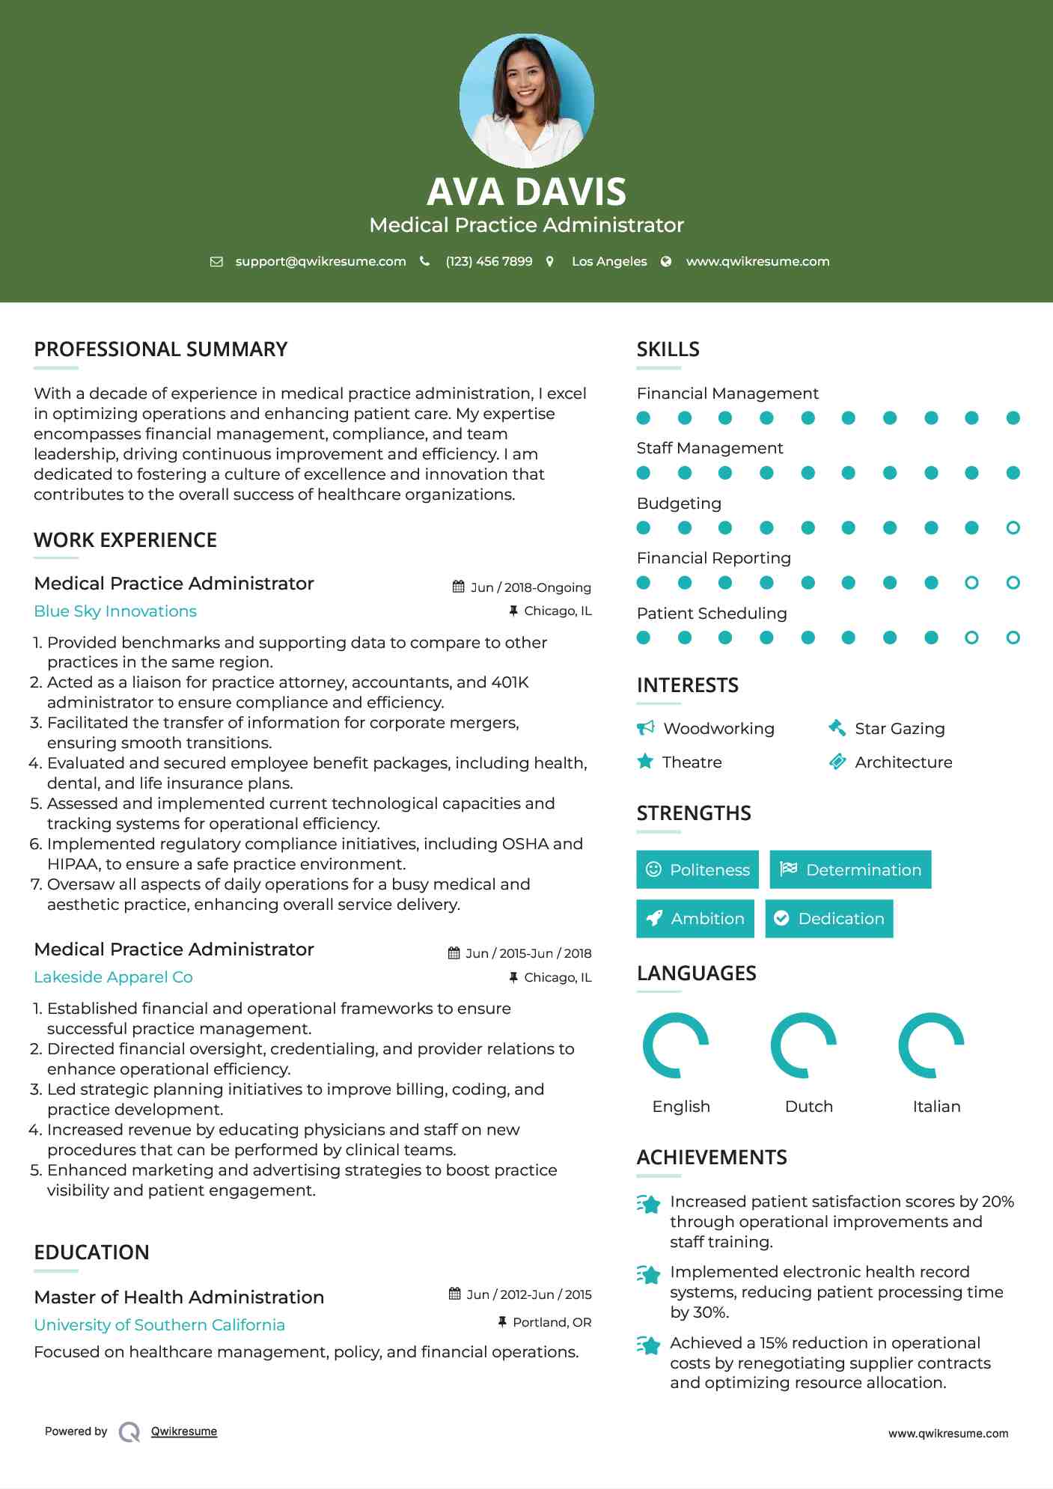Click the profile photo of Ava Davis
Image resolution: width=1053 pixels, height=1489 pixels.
click(x=526, y=100)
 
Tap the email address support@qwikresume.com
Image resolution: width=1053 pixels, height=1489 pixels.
click(x=320, y=261)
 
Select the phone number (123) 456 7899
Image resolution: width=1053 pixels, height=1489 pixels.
click(x=489, y=261)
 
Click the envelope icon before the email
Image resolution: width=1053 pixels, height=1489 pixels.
click(x=216, y=261)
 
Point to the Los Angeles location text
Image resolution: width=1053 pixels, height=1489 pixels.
click(x=608, y=261)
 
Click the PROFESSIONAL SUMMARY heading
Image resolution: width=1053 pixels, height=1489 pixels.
click(x=160, y=349)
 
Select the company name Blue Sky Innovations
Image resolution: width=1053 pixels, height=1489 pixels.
click(x=115, y=611)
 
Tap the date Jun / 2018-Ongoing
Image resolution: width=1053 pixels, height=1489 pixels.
click(x=530, y=587)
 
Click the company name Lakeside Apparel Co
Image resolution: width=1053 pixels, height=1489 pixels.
click(x=113, y=977)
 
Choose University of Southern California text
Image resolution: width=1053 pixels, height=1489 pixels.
click(x=159, y=1325)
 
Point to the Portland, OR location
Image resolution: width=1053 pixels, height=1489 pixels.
click(x=552, y=1322)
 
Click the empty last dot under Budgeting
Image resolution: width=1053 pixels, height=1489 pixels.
click(x=1013, y=528)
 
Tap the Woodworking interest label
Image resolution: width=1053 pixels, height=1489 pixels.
click(x=718, y=729)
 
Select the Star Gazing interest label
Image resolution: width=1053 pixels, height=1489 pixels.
click(x=900, y=729)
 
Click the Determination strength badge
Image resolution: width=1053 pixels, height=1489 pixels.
click(x=850, y=869)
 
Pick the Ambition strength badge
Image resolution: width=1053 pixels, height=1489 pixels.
click(x=695, y=919)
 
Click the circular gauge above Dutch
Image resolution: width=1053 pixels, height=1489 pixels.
click(x=804, y=1045)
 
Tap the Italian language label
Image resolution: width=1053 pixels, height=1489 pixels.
click(x=936, y=1107)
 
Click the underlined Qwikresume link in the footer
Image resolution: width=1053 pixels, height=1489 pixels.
click(x=184, y=1431)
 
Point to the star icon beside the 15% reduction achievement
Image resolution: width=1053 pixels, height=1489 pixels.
click(x=648, y=1345)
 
